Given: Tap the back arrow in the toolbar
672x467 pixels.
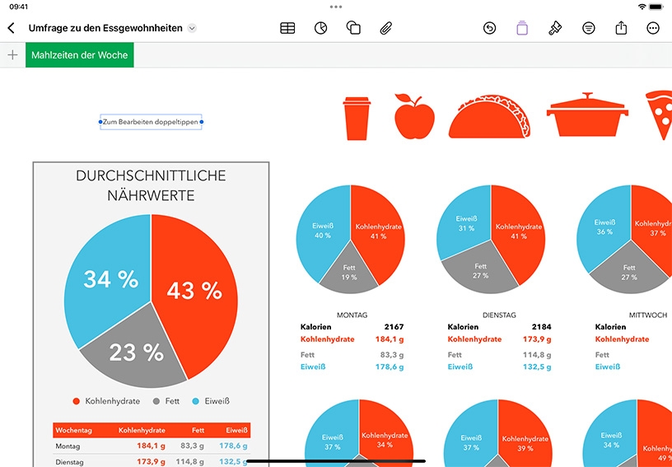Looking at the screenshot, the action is pyautogui.click(x=12, y=28).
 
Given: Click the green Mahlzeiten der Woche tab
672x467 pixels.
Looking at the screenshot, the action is pyautogui.click(x=80, y=55).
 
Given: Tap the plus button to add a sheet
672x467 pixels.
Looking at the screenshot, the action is pyautogui.click(x=13, y=55).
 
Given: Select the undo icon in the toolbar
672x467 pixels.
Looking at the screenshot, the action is pyautogui.click(x=489, y=28).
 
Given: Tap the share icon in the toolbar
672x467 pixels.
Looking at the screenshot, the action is pyautogui.click(x=621, y=28).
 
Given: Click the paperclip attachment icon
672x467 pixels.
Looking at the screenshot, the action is pyautogui.click(x=386, y=28).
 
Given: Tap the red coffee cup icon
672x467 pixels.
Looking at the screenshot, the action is pyautogui.click(x=357, y=119).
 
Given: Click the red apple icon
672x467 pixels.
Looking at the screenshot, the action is pyautogui.click(x=414, y=116).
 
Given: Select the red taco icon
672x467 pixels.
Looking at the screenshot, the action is pyautogui.click(x=489, y=116).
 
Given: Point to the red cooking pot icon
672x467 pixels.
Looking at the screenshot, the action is pyautogui.click(x=587, y=114).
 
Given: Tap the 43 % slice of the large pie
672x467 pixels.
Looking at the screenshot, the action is pyautogui.click(x=194, y=291).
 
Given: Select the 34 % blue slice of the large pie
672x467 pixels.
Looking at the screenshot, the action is pyautogui.click(x=110, y=279).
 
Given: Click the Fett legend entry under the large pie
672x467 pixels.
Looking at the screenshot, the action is pyautogui.click(x=166, y=401).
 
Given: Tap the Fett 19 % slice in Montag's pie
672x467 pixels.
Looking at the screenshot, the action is pyautogui.click(x=349, y=272).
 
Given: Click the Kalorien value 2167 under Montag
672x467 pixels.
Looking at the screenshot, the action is pyautogui.click(x=394, y=327).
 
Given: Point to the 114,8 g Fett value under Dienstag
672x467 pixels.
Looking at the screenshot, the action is pyautogui.click(x=537, y=355).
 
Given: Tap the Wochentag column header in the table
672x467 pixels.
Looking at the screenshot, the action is pyautogui.click(x=74, y=430).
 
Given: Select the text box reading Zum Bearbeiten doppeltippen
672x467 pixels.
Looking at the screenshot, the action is pyautogui.click(x=151, y=122).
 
